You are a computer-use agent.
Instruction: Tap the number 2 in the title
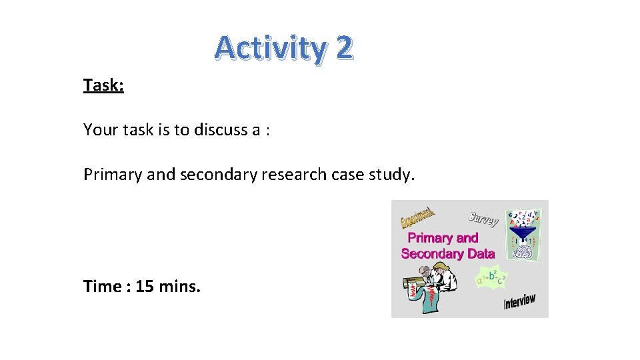[x=343, y=48]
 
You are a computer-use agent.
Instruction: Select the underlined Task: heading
[x=103, y=85]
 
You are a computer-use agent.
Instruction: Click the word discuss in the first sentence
[x=220, y=129]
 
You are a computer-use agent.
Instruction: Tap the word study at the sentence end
[x=394, y=175]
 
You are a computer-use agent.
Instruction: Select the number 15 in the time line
[x=144, y=287]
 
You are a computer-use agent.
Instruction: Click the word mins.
[x=179, y=287]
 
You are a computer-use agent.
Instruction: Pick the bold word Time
[x=102, y=287]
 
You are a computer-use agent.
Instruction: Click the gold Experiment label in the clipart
[x=417, y=217]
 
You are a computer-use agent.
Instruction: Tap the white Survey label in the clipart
[x=483, y=218]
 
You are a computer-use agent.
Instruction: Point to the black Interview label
[x=519, y=302]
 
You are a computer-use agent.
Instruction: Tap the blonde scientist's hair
[x=439, y=268]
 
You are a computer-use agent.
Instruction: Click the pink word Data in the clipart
[x=480, y=253]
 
